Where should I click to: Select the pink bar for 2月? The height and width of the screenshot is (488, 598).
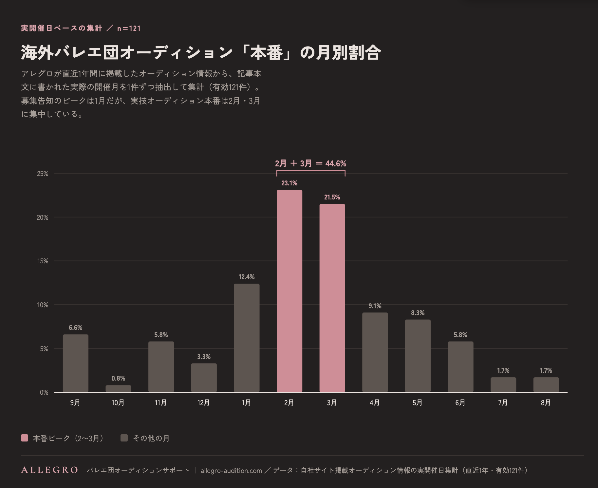click(x=290, y=291)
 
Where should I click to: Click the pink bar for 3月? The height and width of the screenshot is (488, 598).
click(x=332, y=298)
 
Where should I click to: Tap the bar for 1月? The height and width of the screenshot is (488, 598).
click(x=247, y=338)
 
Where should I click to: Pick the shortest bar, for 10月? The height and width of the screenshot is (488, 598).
click(x=118, y=388)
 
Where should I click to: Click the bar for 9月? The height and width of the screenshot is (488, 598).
click(x=76, y=363)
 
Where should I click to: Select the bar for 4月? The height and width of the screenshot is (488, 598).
click(x=375, y=352)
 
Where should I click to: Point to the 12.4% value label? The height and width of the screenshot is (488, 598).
click(x=247, y=277)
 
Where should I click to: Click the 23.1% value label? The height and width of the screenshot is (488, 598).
click(x=290, y=183)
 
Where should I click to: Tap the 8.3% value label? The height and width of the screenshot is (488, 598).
click(x=418, y=313)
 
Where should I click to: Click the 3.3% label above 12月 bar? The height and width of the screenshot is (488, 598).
click(x=204, y=357)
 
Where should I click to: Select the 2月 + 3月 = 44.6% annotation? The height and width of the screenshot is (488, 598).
click(x=311, y=163)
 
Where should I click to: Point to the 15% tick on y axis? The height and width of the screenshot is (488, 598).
click(x=43, y=261)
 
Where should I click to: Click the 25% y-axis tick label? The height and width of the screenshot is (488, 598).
click(x=43, y=174)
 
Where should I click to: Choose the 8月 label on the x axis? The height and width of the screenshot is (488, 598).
click(x=546, y=403)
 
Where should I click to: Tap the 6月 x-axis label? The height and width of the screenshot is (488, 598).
click(x=460, y=403)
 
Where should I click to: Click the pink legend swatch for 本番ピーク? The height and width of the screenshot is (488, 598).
click(x=25, y=438)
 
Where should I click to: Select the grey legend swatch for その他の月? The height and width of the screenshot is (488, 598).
click(x=124, y=438)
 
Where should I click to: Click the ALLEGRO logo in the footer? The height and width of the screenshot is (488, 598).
click(x=49, y=470)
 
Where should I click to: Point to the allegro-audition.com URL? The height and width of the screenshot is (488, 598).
click(x=231, y=471)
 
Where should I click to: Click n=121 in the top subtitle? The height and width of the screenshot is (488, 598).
click(x=129, y=28)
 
